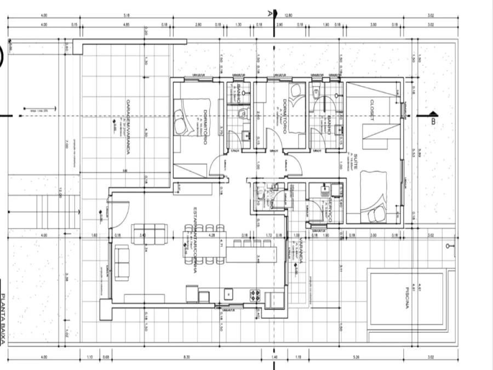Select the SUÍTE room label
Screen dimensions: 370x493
[356, 162]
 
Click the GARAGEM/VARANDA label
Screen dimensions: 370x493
[128, 127]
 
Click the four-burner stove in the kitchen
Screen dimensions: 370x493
[255, 295]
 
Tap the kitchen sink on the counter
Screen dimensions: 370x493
[228, 295]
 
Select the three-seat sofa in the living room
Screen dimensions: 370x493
[148, 234]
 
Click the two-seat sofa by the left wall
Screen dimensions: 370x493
[122, 262]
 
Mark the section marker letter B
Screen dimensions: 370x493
[433, 122]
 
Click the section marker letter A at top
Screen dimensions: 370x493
[269, 12]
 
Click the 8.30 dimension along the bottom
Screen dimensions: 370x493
[187, 357]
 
